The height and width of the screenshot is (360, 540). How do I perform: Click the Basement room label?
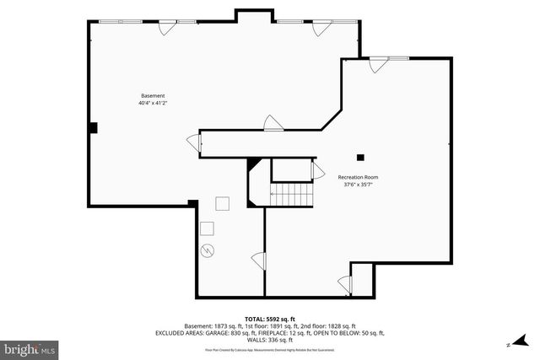pyautogui.click(x=153, y=95)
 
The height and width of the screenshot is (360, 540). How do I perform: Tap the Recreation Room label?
pyautogui.click(x=358, y=177)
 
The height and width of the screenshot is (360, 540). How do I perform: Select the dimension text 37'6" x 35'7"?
pyautogui.click(x=358, y=185)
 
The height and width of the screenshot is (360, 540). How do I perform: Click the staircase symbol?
pyautogui.click(x=291, y=195)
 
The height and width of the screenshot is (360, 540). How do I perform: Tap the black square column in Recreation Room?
pyautogui.click(x=360, y=156)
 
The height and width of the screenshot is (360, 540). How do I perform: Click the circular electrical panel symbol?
pyautogui.click(x=209, y=250)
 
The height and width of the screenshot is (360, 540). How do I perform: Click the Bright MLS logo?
pyautogui.click(x=30, y=347)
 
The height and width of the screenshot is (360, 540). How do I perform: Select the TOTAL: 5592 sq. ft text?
pyautogui.click(x=269, y=318)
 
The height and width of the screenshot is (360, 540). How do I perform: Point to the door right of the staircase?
pyautogui.click(x=317, y=172)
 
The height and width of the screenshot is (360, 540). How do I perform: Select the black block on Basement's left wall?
pyautogui.click(x=94, y=127)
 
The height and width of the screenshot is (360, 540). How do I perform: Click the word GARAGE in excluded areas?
pyautogui.click(x=215, y=333)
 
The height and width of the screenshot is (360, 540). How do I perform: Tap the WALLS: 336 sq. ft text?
pyautogui.click(x=269, y=340)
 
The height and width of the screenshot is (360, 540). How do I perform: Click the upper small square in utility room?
pyautogui.click(x=223, y=203)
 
